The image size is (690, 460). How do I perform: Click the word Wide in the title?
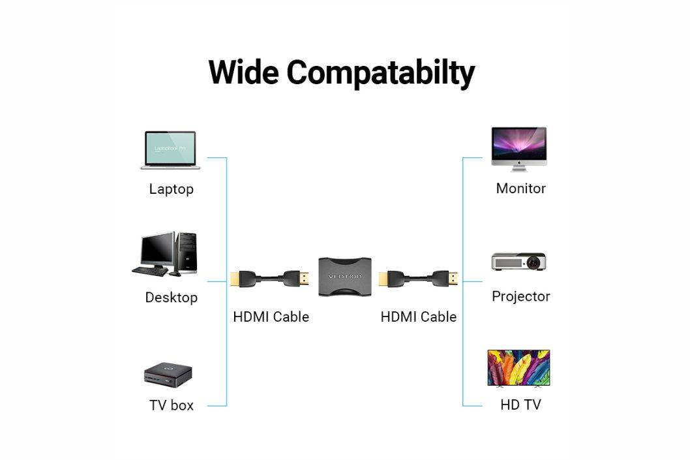(244, 72)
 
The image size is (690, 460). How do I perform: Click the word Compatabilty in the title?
(380, 73)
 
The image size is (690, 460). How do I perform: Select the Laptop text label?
(171, 189)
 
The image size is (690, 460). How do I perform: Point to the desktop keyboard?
(149, 271)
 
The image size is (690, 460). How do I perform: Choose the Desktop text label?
(171, 298)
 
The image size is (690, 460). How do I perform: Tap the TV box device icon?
(168, 375)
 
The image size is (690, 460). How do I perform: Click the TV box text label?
(172, 405)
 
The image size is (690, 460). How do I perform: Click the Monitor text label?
(520, 189)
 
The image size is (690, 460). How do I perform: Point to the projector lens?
(535, 263)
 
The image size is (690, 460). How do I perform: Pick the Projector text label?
(520, 296)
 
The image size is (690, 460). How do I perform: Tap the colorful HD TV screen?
(518, 367)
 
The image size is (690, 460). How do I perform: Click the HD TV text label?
(520, 405)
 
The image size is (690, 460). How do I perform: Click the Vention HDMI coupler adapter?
(344, 277)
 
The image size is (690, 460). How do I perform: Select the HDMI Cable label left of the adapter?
(271, 317)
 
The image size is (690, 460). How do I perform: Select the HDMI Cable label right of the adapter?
(418, 317)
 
